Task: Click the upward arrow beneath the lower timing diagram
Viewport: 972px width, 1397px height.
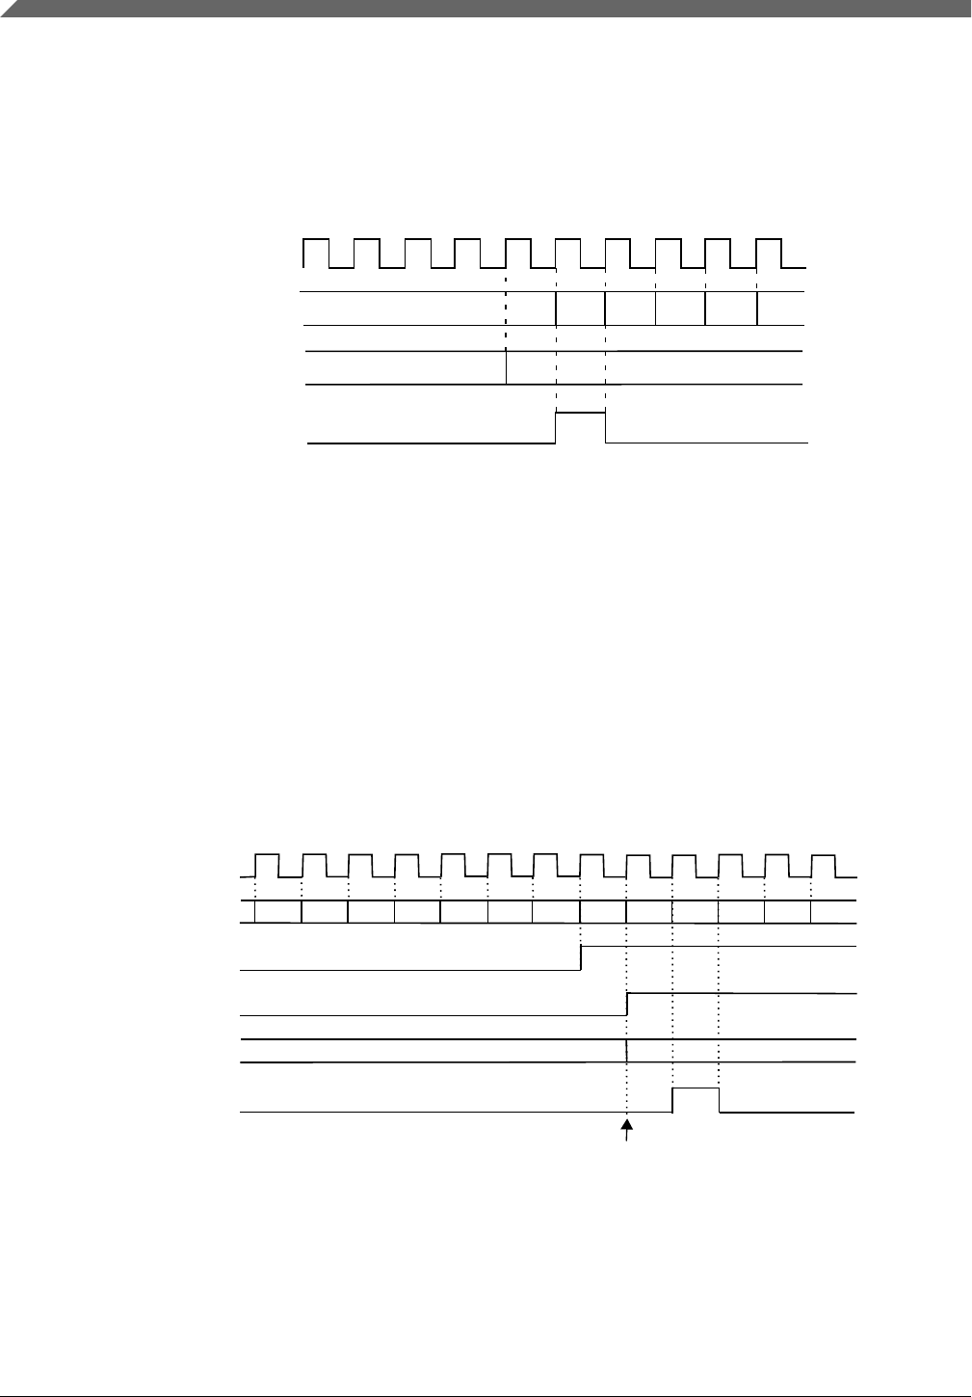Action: tap(628, 1131)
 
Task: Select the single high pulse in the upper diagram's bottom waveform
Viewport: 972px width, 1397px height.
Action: tap(581, 413)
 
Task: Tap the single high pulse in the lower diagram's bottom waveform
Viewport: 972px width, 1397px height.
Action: tap(696, 1088)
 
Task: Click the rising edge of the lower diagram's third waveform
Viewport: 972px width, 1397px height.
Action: tap(581, 957)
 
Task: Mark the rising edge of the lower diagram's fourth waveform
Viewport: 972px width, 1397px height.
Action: tap(627, 1004)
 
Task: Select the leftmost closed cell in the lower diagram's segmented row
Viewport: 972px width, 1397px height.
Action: tap(277, 912)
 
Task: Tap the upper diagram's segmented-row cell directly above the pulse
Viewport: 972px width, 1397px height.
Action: tap(581, 309)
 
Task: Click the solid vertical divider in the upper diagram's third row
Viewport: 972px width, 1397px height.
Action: tap(507, 367)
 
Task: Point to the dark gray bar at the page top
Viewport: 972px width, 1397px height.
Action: tap(486, 8)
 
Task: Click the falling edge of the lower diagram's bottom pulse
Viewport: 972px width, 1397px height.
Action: tap(720, 1100)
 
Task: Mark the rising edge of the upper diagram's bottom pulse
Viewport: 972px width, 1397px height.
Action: tap(557, 427)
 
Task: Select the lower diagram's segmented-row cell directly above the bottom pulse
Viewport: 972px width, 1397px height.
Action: tap(696, 912)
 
